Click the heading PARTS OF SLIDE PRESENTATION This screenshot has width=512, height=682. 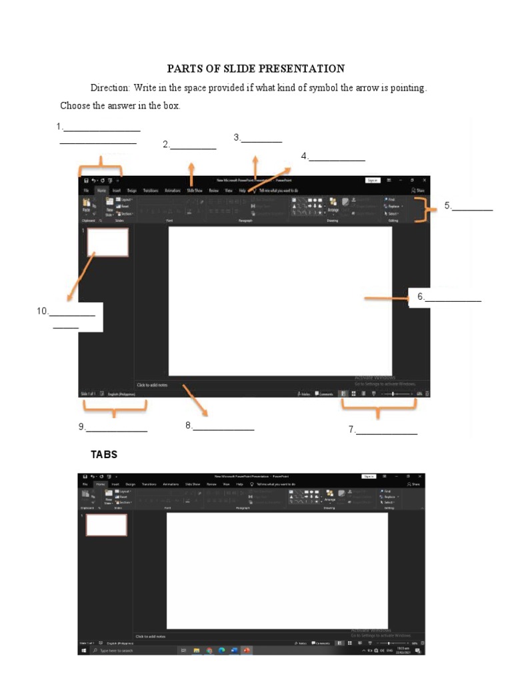tap(255, 69)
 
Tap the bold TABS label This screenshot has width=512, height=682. tap(104, 454)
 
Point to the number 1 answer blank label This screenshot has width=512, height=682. tap(99, 127)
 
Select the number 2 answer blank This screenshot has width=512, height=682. tap(190, 145)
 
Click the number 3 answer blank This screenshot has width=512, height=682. tap(258, 138)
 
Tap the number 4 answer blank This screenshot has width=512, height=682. tap(333, 157)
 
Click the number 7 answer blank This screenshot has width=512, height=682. tap(383, 430)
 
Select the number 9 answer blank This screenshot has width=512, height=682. tap(113, 428)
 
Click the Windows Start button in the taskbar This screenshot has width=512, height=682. tap(84, 650)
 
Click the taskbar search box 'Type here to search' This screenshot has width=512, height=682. tap(117, 650)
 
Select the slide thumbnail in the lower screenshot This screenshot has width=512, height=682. tap(106, 525)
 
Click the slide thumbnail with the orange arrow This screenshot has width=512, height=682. tap(107, 242)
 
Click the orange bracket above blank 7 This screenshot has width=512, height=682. tap(379, 408)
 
